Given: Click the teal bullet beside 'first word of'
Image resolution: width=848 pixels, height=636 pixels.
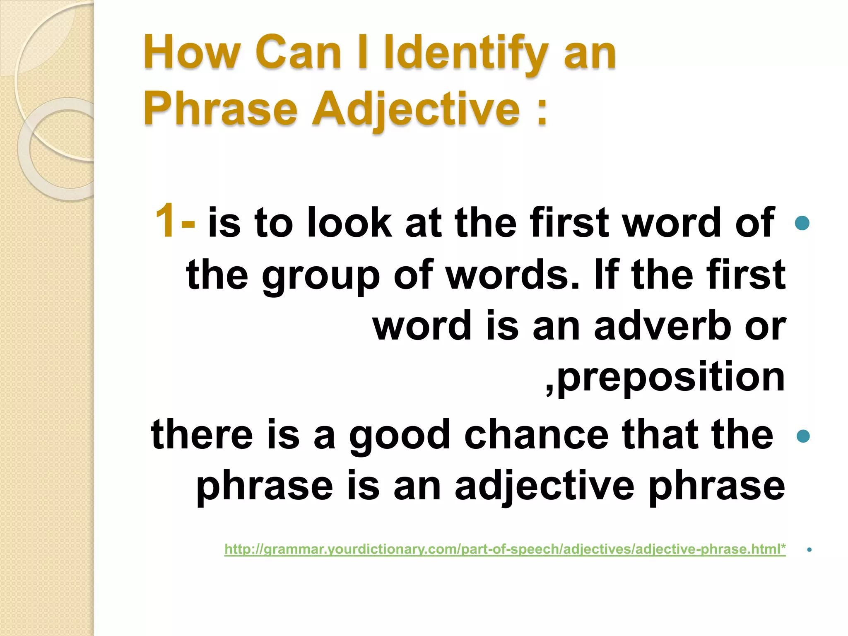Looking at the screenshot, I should (802, 223).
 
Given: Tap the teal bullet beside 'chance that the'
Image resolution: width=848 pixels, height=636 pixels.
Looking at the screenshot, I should (803, 436).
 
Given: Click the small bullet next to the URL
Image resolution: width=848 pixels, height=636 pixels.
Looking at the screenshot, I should (809, 550).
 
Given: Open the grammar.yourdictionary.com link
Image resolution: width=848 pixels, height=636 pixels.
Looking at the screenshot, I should (505, 549).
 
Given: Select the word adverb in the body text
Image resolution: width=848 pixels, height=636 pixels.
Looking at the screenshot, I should (662, 326).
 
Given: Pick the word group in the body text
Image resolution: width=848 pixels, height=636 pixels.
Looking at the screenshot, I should (320, 276).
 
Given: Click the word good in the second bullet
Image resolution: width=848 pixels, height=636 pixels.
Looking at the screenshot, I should (400, 435).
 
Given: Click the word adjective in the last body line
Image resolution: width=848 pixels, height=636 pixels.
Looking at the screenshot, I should (544, 486).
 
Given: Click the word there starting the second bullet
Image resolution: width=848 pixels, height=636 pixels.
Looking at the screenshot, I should (202, 435).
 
